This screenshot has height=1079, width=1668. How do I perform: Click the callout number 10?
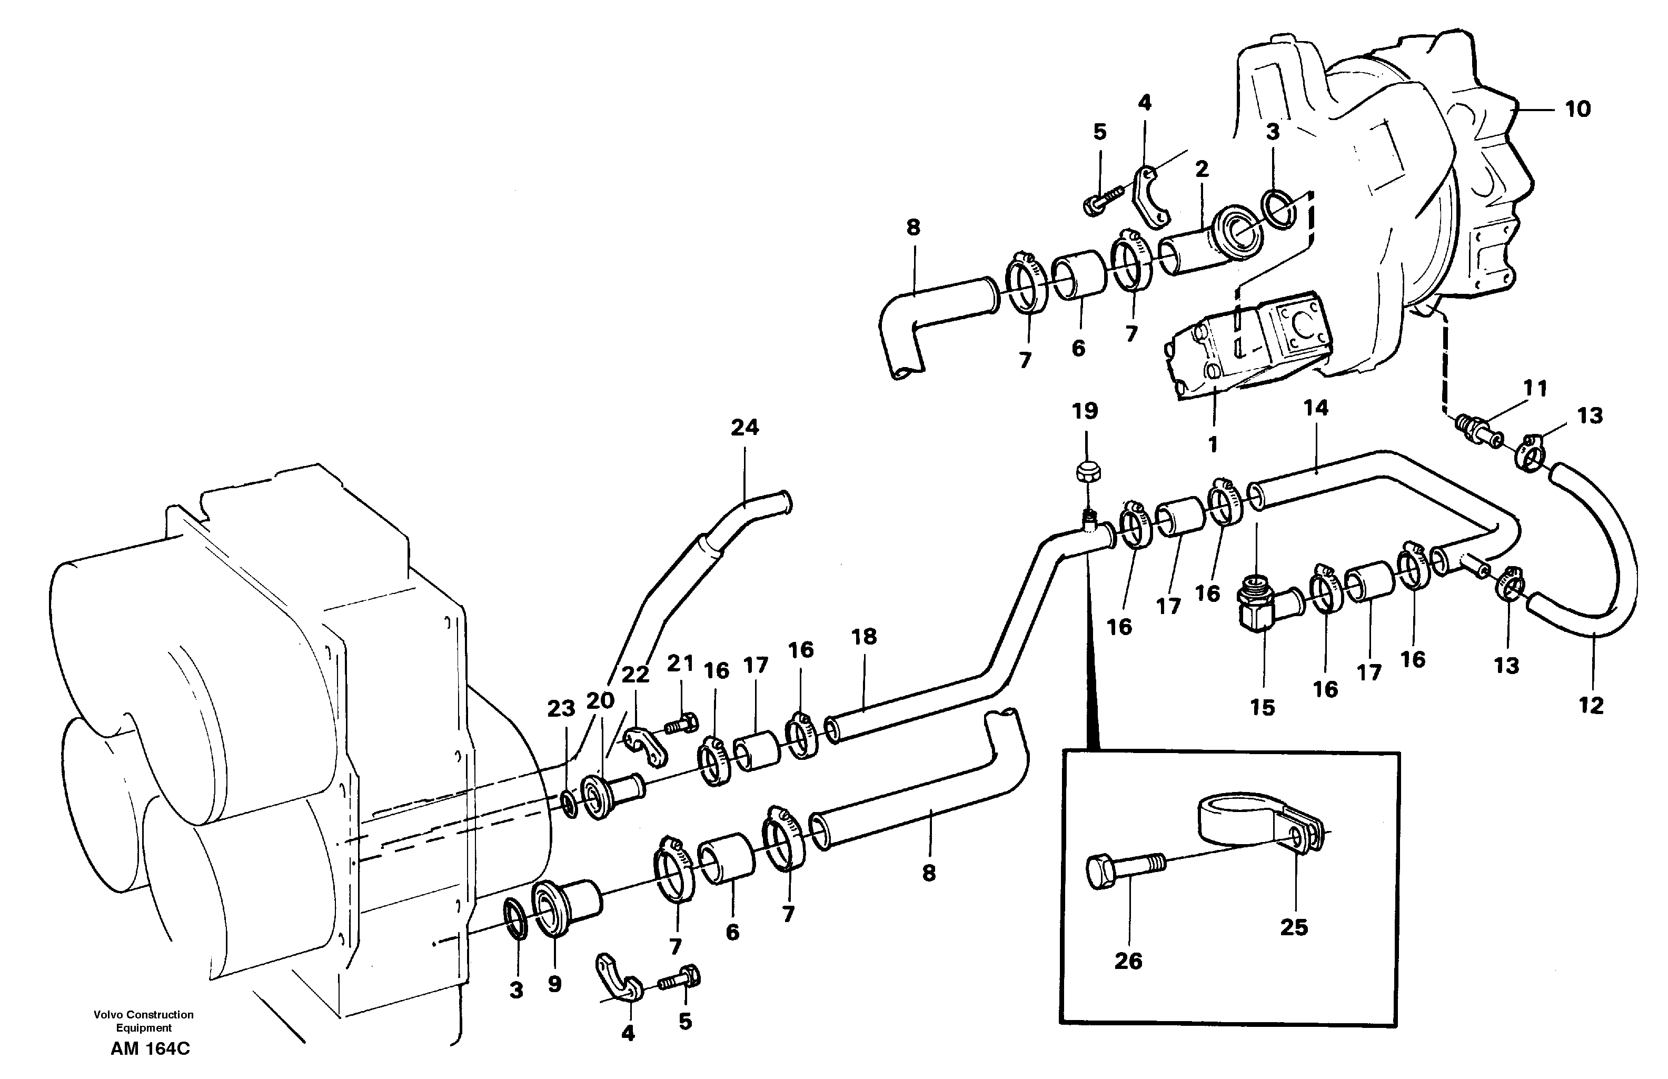tap(1577, 110)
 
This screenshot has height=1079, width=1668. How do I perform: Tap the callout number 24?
tap(744, 428)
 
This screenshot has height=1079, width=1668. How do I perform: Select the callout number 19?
tap(1085, 411)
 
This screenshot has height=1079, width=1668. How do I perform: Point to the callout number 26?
tap(1128, 961)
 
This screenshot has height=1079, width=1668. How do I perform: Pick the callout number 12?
tap(1591, 705)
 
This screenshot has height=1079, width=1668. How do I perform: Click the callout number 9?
tap(554, 984)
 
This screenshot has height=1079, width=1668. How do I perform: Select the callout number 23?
tap(561, 709)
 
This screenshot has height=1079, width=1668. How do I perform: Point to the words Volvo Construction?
tap(144, 1015)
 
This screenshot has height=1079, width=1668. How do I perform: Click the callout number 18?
tap(864, 637)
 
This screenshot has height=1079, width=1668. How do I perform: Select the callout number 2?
tap(1202, 169)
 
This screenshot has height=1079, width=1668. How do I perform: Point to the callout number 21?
tap(680, 663)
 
